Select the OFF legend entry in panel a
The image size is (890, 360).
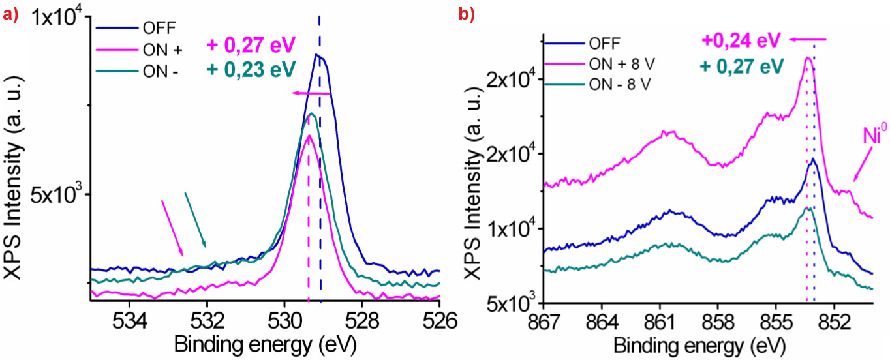(157, 28)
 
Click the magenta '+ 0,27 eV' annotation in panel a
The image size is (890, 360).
(251, 45)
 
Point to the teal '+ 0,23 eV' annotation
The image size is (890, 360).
(251, 68)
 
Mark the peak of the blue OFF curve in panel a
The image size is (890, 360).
(317, 55)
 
